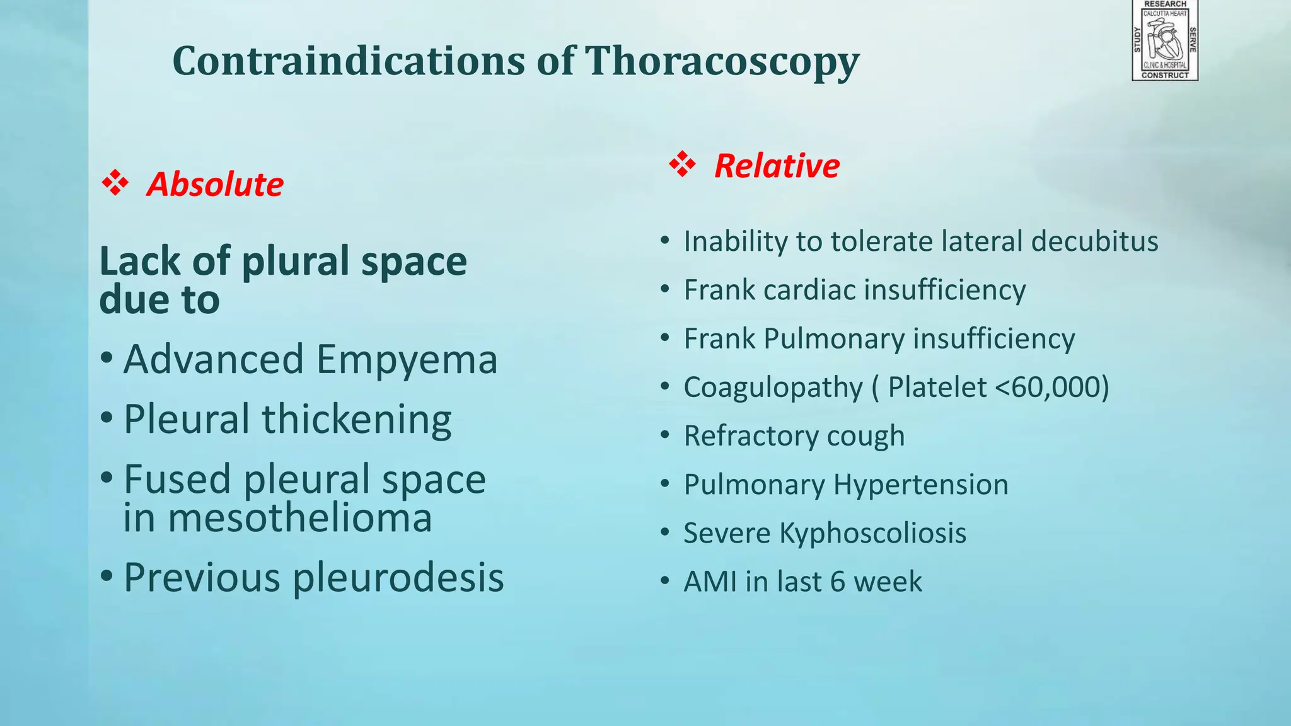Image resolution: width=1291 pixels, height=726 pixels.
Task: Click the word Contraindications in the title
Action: [x=349, y=62]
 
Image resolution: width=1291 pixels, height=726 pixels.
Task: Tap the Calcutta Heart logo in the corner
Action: [x=1165, y=41]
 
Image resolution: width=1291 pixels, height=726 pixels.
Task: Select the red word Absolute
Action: [x=215, y=185]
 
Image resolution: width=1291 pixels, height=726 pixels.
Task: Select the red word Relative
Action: [x=777, y=166]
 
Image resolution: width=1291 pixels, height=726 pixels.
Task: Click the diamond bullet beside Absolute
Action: [x=115, y=183]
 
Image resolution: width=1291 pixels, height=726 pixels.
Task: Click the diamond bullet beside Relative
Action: [x=682, y=164]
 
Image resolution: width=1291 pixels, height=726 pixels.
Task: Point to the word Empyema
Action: [x=407, y=360]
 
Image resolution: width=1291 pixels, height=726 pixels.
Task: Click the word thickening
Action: [x=357, y=420]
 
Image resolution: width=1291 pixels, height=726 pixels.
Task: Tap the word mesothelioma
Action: [x=277, y=518]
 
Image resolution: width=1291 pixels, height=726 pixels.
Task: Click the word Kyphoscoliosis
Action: [x=872, y=533]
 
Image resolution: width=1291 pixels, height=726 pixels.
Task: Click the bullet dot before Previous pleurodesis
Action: [x=107, y=576]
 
